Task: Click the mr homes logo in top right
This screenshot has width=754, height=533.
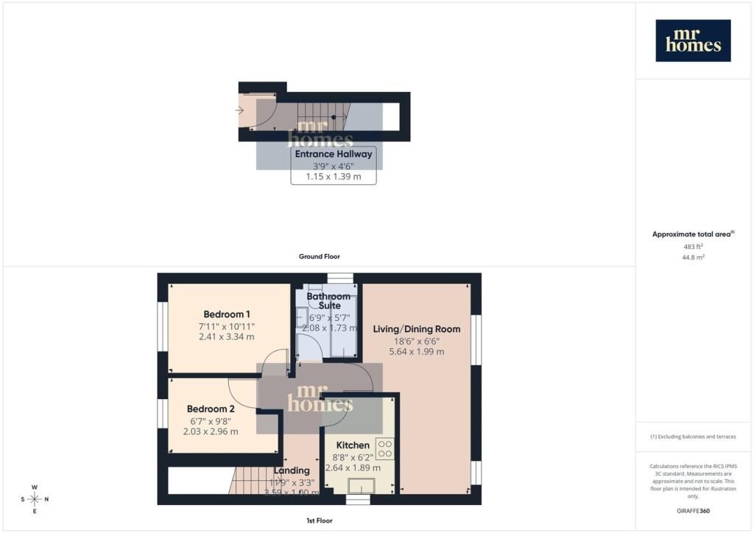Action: point(693,40)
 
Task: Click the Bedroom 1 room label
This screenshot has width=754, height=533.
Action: point(226,313)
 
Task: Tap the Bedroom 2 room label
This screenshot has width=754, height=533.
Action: point(211,409)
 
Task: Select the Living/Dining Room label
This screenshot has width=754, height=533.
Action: point(417,329)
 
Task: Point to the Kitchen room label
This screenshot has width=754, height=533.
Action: point(353,445)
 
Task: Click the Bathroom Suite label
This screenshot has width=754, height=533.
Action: point(328,301)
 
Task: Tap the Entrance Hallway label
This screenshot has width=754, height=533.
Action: point(334,155)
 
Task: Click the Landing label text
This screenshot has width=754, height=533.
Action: point(292,470)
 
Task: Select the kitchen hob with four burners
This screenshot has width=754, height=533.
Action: point(384,448)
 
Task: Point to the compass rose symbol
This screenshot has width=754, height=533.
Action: point(34,499)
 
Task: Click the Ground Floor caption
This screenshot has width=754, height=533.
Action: point(319,256)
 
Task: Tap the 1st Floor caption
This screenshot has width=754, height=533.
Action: point(319,520)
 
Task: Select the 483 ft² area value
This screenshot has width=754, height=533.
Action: point(693,247)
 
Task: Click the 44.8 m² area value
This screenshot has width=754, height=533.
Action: point(693,258)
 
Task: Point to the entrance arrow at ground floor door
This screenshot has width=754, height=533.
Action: point(239,110)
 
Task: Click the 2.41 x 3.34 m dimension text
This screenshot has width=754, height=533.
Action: point(226,336)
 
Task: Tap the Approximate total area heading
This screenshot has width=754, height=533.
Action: point(692,234)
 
